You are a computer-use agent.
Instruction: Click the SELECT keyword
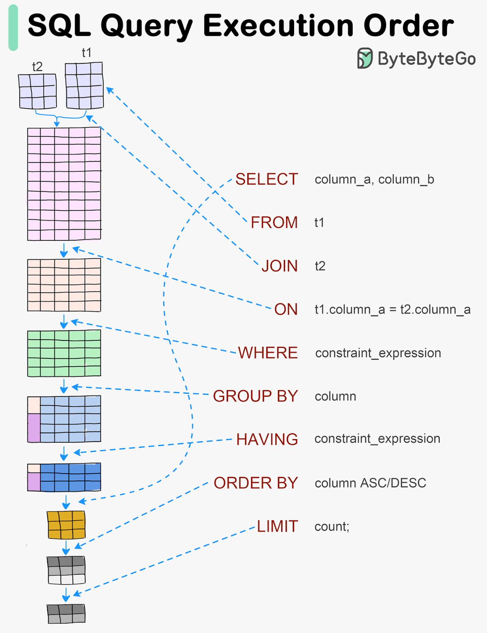tap(266, 179)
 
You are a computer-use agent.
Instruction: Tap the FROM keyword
tap(274, 223)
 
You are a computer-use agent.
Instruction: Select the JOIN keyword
tap(279, 266)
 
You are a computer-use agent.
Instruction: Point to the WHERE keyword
tap(267, 353)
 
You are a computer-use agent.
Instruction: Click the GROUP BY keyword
tap(255, 396)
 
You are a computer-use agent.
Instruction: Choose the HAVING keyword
tap(267, 439)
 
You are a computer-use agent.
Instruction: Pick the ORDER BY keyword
tap(256, 483)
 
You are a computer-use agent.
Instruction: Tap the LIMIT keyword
tap(277, 526)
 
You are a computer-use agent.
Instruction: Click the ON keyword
tap(286, 309)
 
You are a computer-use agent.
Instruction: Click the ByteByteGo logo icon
tap(364, 59)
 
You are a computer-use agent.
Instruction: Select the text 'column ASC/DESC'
tap(370, 483)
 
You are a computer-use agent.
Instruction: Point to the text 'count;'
tap(331, 526)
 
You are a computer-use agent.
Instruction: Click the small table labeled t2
tap(38, 91)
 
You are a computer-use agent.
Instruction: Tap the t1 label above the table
tap(87, 52)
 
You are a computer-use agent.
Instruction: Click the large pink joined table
tap(64, 184)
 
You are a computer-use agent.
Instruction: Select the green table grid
tap(64, 353)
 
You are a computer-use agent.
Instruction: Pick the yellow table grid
tap(66, 525)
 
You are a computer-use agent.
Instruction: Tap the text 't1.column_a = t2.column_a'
tap(392, 309)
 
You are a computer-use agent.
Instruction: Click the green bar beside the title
tap(13, 27)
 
